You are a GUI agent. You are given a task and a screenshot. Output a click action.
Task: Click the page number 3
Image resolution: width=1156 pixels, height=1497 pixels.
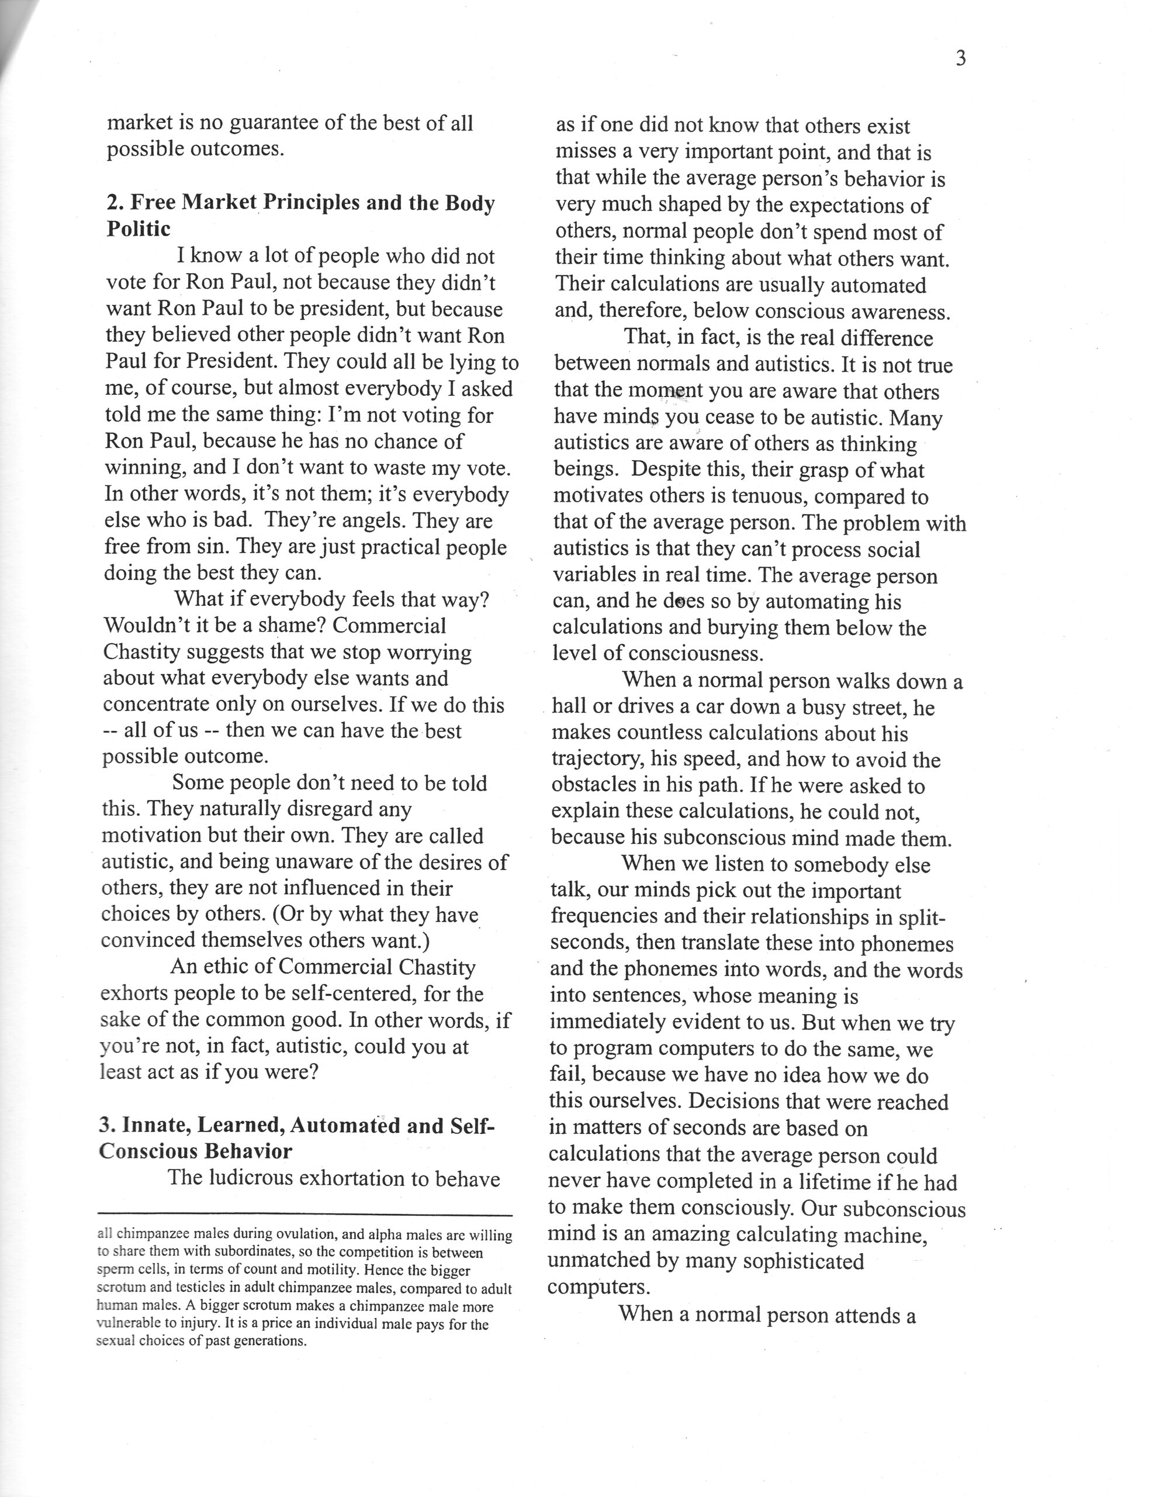[960, 59]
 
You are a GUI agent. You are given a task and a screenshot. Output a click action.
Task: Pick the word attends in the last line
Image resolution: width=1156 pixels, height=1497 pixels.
[830, 1315]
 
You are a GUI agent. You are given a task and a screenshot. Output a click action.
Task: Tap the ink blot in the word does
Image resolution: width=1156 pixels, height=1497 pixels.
[679, 602]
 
